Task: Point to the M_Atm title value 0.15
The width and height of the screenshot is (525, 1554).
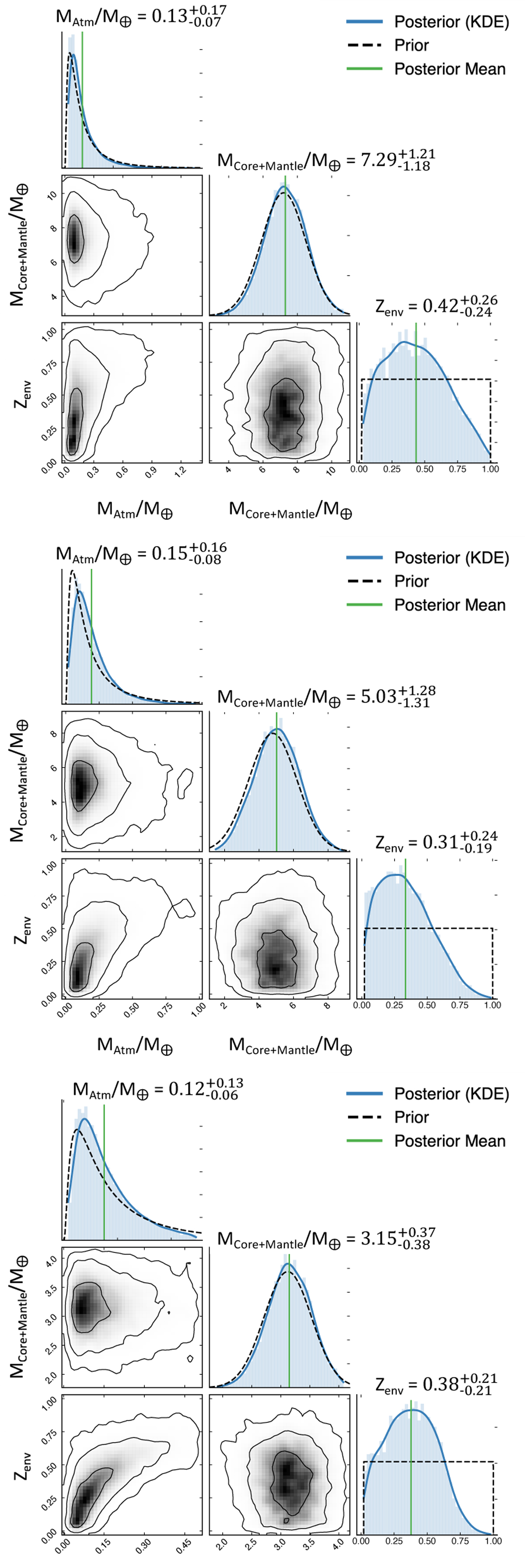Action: click(x=170, y=553)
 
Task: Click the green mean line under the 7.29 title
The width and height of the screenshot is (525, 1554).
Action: click(x=285, y=253)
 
